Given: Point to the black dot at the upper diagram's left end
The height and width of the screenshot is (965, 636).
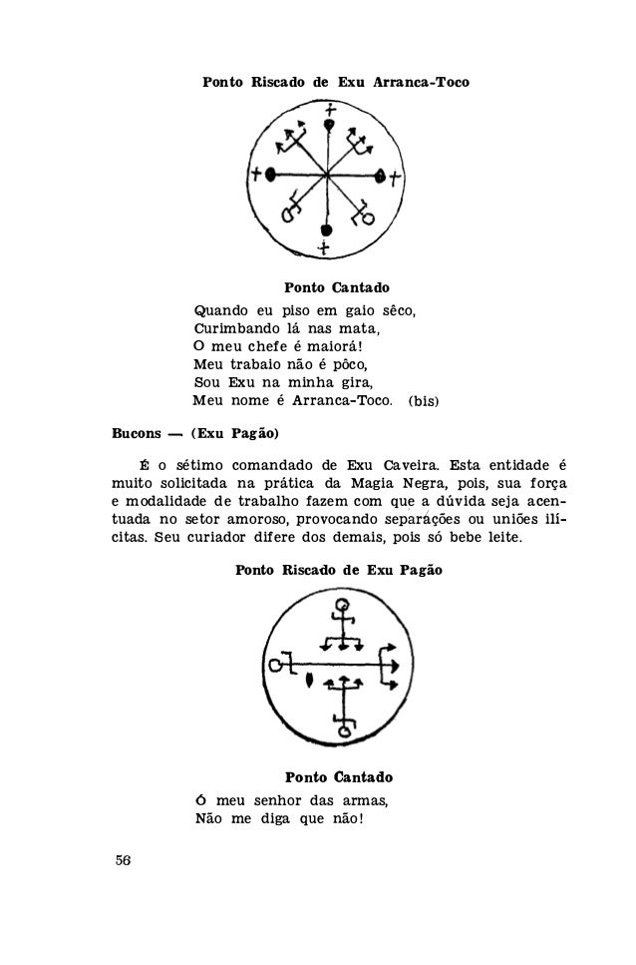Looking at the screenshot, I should [x=270, y=175].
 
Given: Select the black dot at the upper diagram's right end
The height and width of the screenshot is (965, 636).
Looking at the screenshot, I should [x=380, y=176].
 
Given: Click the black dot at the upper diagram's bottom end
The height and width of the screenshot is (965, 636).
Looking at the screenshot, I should [x=325, y=231].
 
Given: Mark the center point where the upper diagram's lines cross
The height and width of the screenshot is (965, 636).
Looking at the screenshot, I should [x=326, y=176].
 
